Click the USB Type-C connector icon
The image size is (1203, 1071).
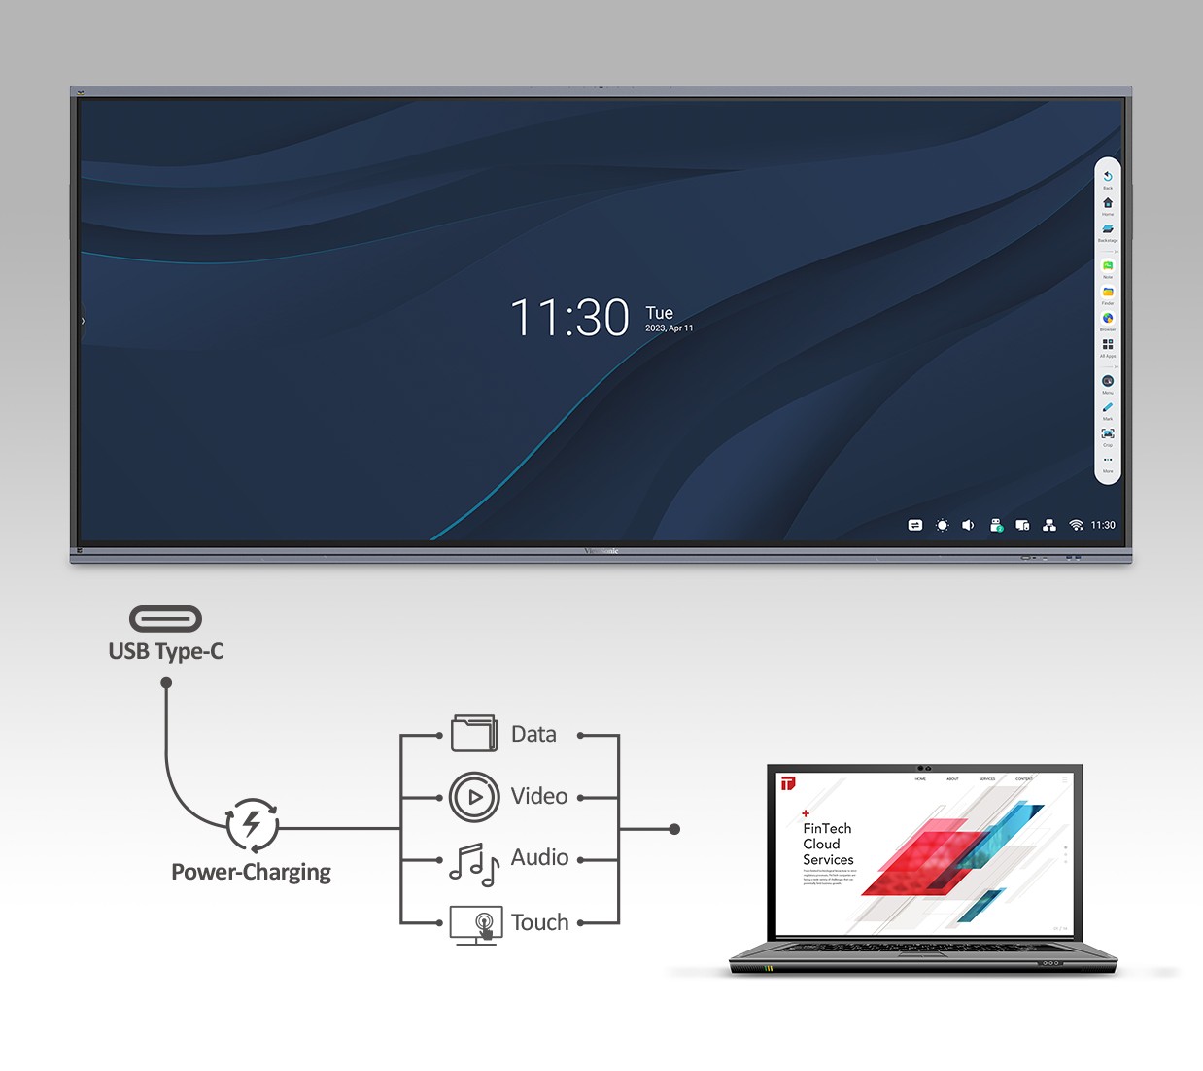(165, 619)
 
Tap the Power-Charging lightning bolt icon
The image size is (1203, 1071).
(253, 825)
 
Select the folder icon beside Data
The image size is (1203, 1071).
(474, 734)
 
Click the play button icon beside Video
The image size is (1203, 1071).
(474, 797)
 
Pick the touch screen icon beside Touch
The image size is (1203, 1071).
(475, 924)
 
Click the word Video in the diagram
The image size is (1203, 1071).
(539, 796)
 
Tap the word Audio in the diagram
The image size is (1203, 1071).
(539, 857)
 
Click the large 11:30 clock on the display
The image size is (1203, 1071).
(569, 318)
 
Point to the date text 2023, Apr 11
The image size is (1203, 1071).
(670, 328)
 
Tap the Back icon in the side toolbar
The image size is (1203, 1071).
(1108, 177)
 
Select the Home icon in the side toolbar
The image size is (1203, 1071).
(1108, 203)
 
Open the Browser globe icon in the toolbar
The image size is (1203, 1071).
(1108, 318)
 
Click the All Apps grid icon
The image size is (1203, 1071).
(1108, 344)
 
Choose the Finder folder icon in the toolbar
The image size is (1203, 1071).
(1108, 292)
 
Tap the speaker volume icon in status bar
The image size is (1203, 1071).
(968, 525)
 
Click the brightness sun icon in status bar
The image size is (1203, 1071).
(942, 525)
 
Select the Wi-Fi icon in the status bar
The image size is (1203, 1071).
(1076, 525)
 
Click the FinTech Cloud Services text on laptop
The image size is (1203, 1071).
(828, 844)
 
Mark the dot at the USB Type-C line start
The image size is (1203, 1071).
(166, 683)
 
